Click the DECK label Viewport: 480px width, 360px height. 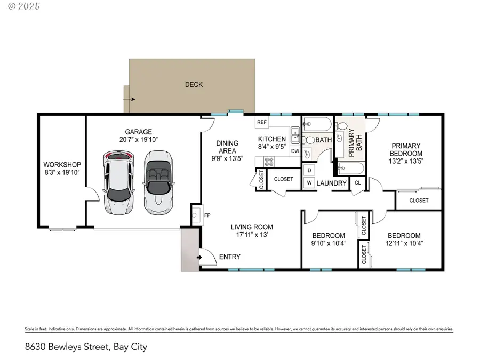click(194, 84)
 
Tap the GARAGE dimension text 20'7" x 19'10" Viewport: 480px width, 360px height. click(138, 140)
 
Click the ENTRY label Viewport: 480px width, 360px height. click(229, 257)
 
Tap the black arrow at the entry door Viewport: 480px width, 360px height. click(199, 258)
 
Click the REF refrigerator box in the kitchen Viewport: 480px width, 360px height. click(262, 122)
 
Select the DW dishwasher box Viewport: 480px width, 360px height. click(295, 151)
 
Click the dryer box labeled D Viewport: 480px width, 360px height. click(309, 171)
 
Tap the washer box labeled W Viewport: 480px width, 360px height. click(309, 183)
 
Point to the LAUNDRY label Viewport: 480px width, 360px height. click(332, 183)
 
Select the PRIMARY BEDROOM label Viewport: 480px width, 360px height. click(406, 149)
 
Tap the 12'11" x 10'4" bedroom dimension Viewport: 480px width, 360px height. click(404, 244)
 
